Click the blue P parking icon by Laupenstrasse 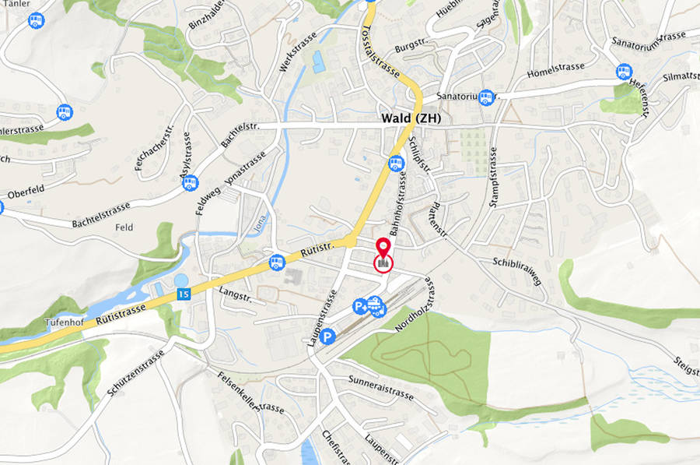(328, 336)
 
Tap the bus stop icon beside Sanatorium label (486, 97)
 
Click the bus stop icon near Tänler (36, 20)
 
